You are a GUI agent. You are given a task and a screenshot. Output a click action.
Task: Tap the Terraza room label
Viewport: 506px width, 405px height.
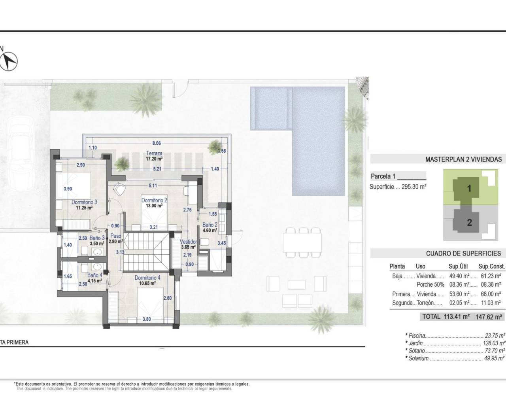coord(154,153)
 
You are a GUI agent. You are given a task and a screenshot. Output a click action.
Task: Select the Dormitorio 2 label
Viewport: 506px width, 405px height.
coord(154,200)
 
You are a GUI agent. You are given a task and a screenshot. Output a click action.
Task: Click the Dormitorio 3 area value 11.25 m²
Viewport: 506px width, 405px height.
coord(85,207)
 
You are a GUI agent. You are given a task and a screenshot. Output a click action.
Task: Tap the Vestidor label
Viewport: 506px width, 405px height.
coord(188,242)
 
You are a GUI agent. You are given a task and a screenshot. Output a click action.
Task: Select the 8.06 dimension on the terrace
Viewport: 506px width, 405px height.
coord(157,143)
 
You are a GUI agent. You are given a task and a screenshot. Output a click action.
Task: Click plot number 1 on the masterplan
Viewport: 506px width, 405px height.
coord(469,189)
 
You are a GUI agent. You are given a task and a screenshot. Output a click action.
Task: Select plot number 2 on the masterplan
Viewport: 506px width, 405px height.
coord(469,222)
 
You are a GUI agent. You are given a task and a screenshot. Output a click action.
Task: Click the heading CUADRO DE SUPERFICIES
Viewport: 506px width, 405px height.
coord(463,254)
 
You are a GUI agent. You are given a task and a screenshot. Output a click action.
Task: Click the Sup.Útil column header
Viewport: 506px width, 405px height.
coord(458,267)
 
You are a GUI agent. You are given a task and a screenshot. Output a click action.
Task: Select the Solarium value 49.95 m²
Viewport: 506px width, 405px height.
coord(494,358)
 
